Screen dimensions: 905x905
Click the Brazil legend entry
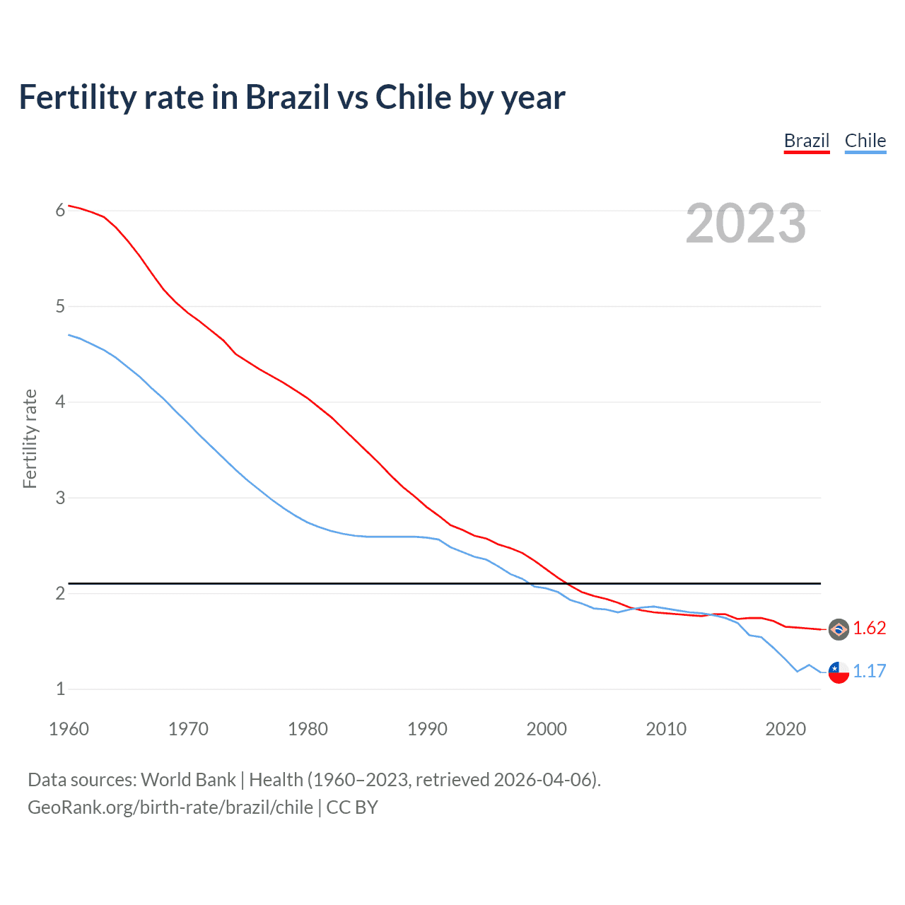(806, 141)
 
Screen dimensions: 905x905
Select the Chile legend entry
(865, 141)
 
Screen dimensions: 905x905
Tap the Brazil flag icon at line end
(839, 629)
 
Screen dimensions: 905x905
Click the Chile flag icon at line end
(839, 672)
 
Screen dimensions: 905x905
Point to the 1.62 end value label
(869, 629)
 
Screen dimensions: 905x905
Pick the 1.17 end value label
(869, 672)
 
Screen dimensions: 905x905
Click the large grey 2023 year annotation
(746, 223)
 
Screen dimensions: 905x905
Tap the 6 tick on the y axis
(61, 210)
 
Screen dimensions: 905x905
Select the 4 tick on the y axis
(61, 402)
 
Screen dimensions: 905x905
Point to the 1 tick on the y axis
(61, 689)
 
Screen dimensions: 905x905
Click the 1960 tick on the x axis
(69, 729)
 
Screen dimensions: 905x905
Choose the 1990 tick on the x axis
(427, 729)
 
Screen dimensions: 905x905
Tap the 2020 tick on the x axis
(786, 729)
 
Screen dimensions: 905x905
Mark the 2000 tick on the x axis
(547, 729)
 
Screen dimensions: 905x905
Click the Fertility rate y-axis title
(30, 438)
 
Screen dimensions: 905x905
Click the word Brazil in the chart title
(287, 97)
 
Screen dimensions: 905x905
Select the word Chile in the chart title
(414, 97)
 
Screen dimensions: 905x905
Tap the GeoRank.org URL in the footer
(170, 807)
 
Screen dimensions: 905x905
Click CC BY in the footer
(352, 807)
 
